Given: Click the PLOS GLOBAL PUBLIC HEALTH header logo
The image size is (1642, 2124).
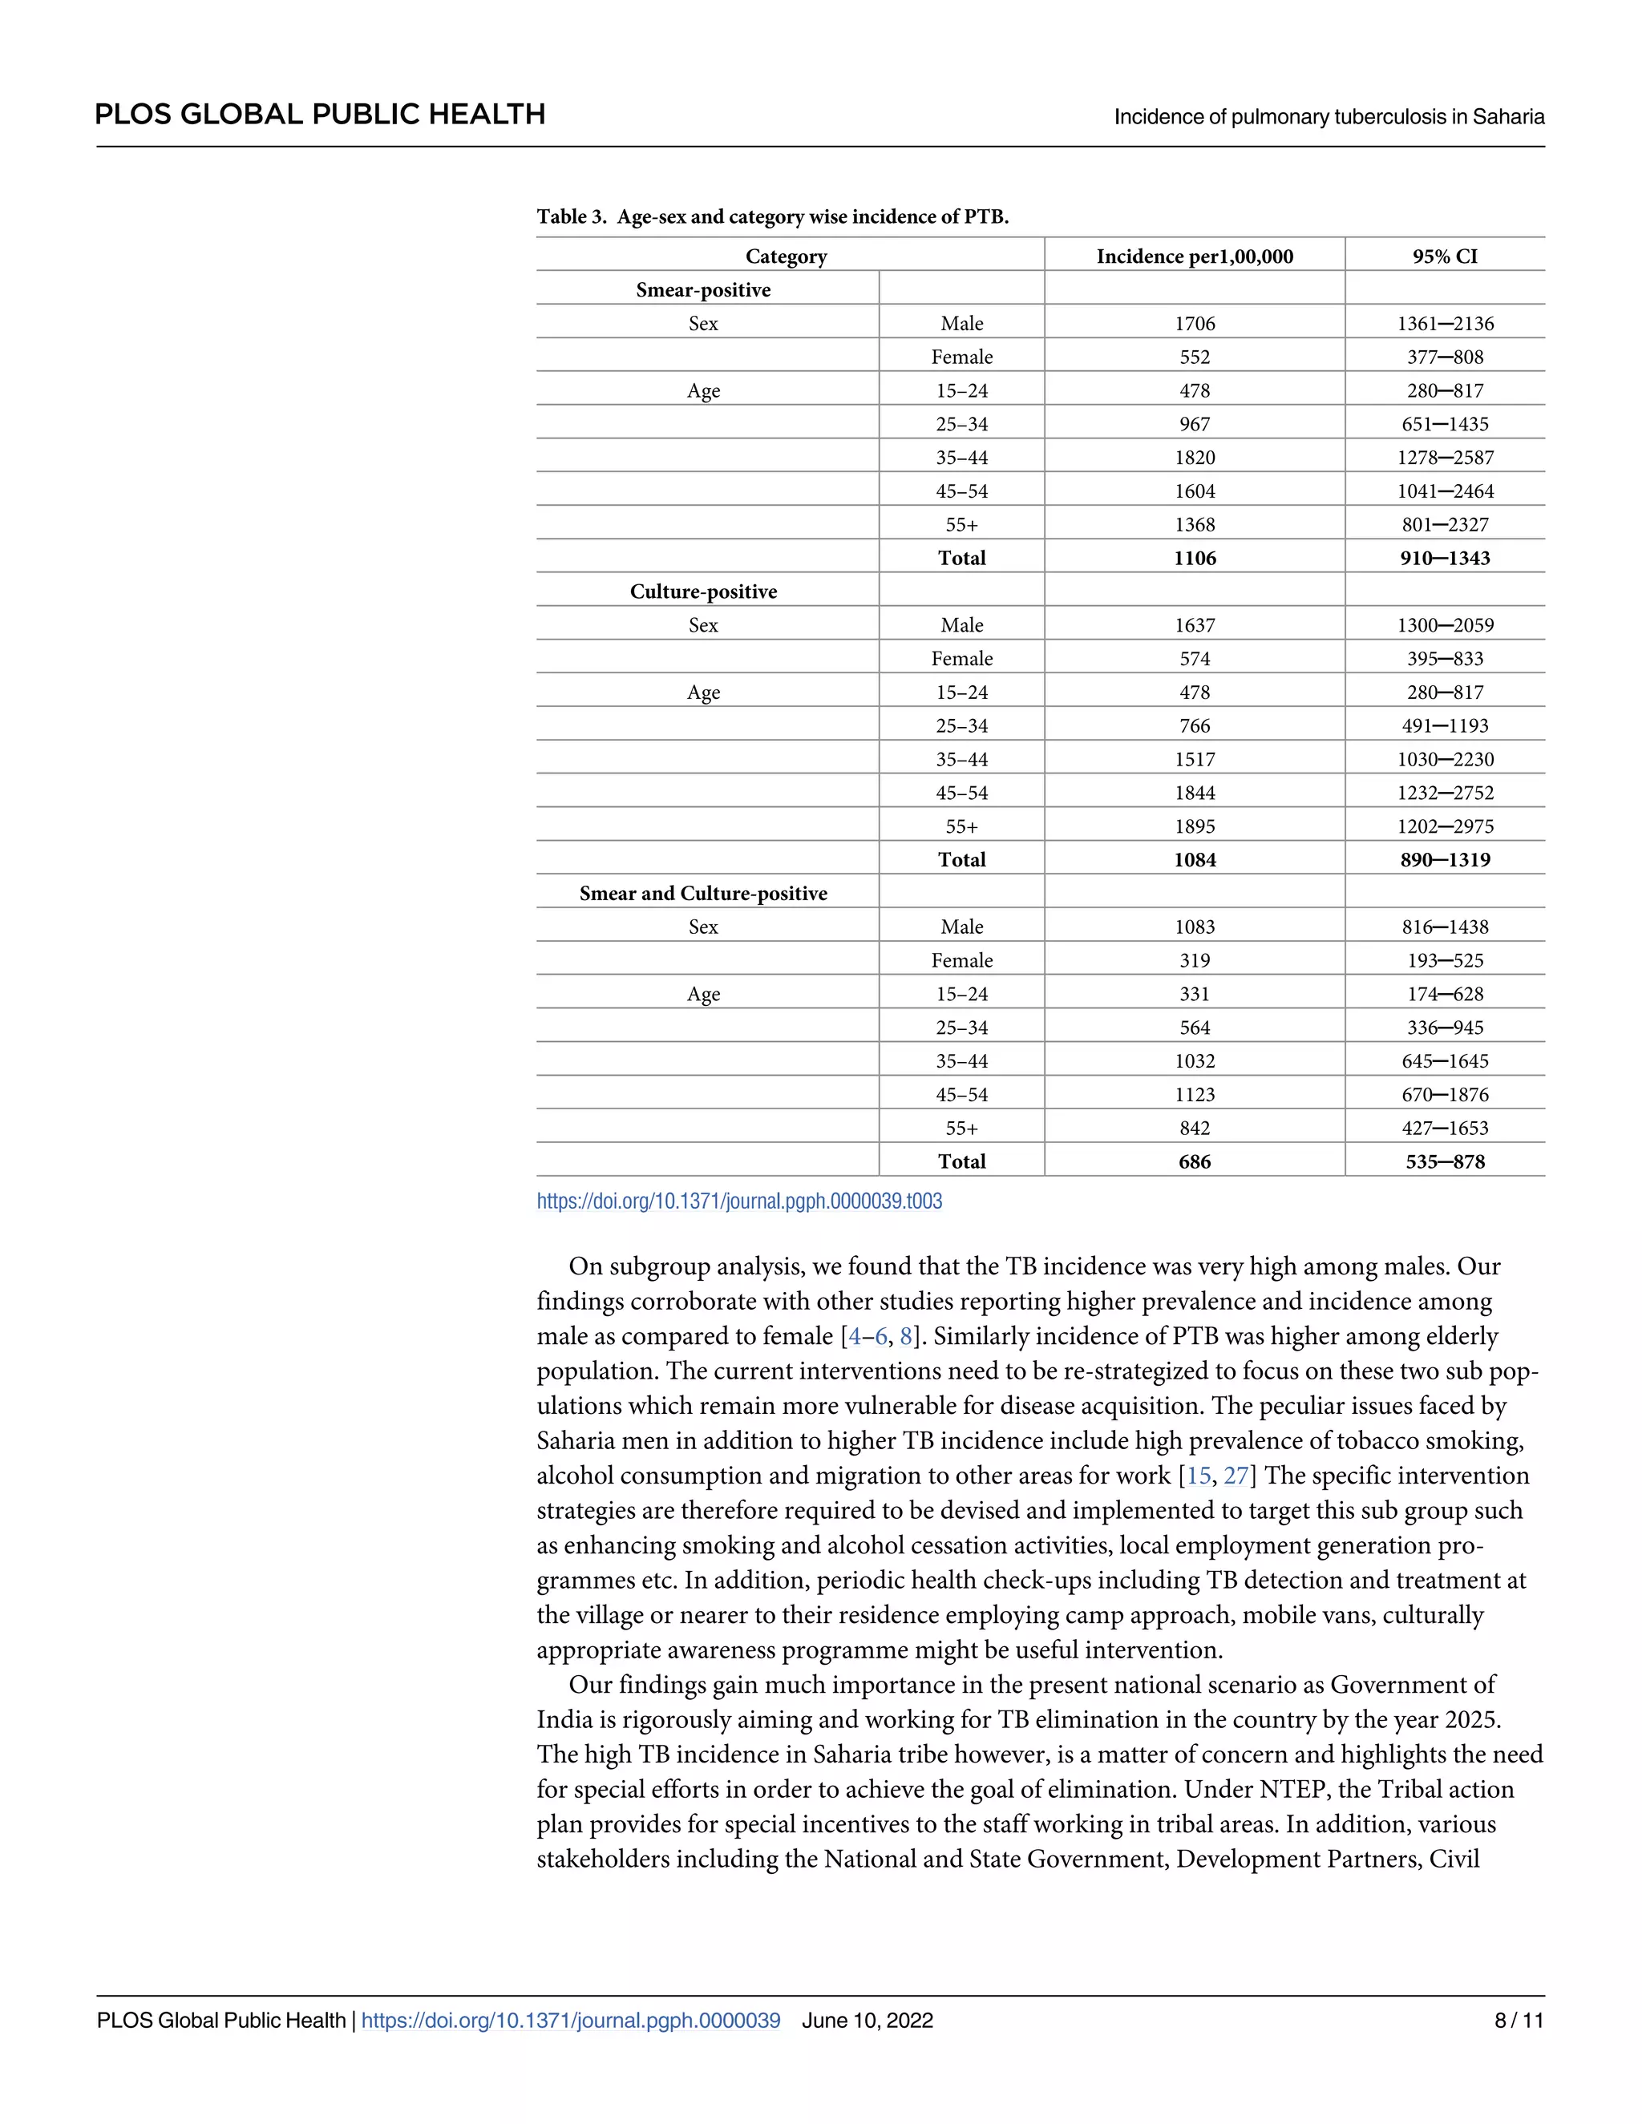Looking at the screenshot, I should click(x=320, y=115).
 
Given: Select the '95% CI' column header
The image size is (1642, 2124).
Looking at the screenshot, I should click(x=1445, y=256).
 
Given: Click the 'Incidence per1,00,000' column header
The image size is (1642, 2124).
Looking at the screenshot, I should click(x=1195, y=256).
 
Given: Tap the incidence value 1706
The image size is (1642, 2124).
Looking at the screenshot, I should click(x=1195, y=323).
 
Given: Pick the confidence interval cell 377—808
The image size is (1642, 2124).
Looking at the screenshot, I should click(x=1445, y=357).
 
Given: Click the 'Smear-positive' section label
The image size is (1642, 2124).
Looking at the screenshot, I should click(x=703, y=290).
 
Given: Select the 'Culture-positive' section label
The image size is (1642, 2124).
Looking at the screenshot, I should click(x=703, y=592).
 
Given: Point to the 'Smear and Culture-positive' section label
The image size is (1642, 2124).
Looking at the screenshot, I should click(x=703, y=893).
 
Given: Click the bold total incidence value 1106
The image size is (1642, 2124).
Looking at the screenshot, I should click(x=1195, y=558).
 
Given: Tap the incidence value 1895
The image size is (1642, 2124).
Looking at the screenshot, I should click(x=1195, y=826).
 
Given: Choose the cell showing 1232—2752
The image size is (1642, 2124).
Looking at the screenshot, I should click(x=1445, y=793).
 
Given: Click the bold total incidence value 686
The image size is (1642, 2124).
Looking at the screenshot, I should click(x=1195, y=1161).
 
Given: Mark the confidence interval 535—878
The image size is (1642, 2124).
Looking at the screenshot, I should click(x=1445, y=1161).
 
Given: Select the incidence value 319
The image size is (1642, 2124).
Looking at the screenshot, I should click(x=1195, y=960).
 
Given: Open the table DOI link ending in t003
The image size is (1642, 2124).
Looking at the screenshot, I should click(x=739, y=1201).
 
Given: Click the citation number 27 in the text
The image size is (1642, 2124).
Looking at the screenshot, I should click(x=1236, y=1476).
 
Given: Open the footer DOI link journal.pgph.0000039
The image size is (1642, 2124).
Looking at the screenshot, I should click(x=570, y=2020).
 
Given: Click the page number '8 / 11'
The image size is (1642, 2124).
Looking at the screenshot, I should click(x=1519, y=2020).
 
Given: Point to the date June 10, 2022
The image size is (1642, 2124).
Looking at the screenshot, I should click(x=867, y=2020).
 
